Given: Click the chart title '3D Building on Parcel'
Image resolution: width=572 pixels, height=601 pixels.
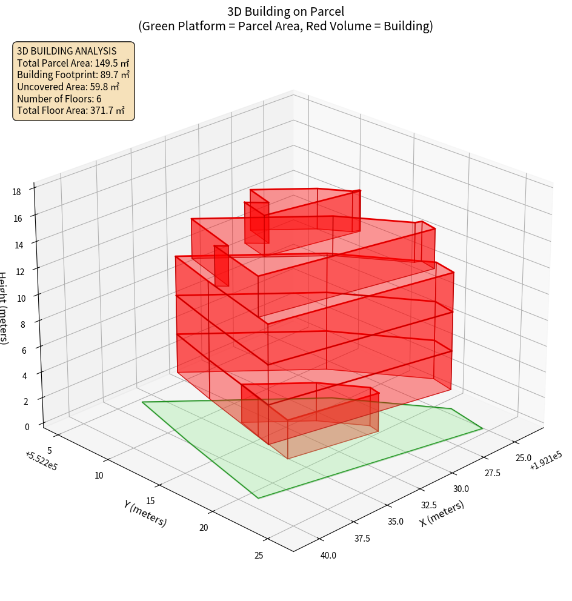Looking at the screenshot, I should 285,12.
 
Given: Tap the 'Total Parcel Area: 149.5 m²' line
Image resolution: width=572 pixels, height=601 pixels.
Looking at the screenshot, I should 73,62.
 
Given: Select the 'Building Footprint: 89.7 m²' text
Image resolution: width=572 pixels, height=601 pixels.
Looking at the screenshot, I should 73,75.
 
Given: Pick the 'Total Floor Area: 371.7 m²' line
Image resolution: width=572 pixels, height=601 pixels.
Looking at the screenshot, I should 71,110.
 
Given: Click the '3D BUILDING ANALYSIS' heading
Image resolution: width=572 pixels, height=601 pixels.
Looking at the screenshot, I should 66,51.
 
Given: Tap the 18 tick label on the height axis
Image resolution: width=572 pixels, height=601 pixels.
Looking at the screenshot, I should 16,192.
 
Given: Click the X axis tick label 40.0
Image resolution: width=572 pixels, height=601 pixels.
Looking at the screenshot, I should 328,555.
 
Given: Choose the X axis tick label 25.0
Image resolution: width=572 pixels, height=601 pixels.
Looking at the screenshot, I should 522,458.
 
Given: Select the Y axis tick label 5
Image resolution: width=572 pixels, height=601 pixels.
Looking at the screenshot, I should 50,450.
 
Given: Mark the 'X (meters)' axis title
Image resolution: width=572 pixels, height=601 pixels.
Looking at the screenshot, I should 442,513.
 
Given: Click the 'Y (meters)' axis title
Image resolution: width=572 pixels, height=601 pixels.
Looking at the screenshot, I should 145,513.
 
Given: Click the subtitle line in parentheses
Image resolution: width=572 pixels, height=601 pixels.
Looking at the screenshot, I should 285,26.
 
